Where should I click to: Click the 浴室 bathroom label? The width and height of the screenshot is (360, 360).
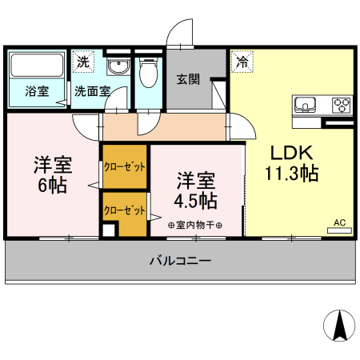pyautogui.click(x=36, y=90)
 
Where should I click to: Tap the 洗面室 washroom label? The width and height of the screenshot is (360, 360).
pyautogui.click(x=91, y=90)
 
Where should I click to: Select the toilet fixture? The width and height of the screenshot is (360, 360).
pyautogui.click(x=146, y=74)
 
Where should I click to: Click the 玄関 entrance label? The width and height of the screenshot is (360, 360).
pyautogui.click(x=188, y=79)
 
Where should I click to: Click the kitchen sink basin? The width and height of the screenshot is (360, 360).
pyautogui.click(x=306, y=105)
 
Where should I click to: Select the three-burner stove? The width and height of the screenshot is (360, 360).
pyautogui.click(x=342, y=105)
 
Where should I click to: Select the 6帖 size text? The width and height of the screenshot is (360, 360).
pyautogui.click(x=53, y=185)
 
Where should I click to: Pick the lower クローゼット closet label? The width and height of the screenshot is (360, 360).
pyautogui.click(x=124, y=211)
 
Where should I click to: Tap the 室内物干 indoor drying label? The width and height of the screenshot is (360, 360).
pyautogui.click(x=195, y=225)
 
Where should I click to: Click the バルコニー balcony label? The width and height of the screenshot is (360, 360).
pyautogui.click(x=180, y=261)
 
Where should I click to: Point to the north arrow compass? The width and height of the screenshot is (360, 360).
pyautogui.click(x=338, y=324)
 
